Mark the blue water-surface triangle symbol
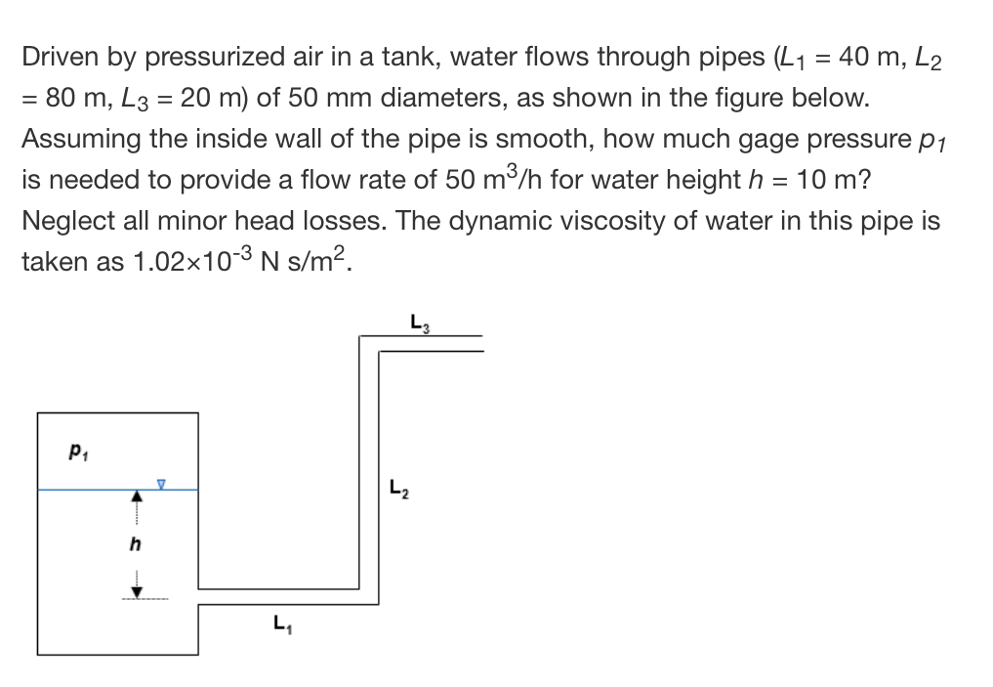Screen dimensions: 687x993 (x=163, y=483)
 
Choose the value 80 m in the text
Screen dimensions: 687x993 (x=80, y=99)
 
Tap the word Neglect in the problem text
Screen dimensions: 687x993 (x=65, y=221)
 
